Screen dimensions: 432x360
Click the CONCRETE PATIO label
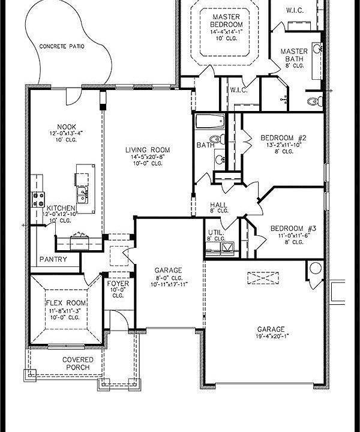click(62, 46)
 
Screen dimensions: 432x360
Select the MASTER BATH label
click(294, 55)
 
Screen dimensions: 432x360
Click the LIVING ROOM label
click(148, 150)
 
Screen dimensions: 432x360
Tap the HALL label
click(219, 205)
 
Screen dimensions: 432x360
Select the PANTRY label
click(53, 260)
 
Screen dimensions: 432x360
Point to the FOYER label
click(118, 283)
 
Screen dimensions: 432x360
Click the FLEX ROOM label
click(65, 304)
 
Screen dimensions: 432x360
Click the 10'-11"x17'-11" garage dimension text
click(169, 284)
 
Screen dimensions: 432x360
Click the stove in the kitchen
click(38, 199)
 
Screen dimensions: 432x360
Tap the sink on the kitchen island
click(82, 193)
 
